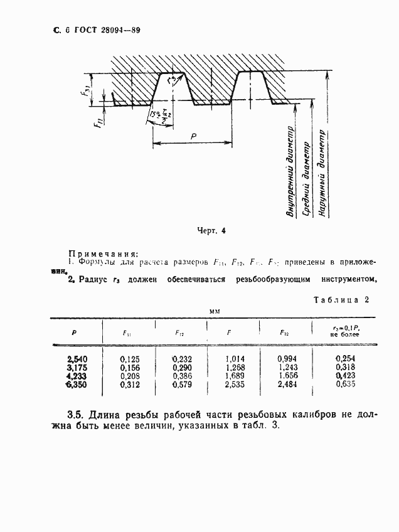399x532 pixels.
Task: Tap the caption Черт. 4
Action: (x=211, y=231)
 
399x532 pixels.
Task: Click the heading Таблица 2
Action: (x=341, y=301)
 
